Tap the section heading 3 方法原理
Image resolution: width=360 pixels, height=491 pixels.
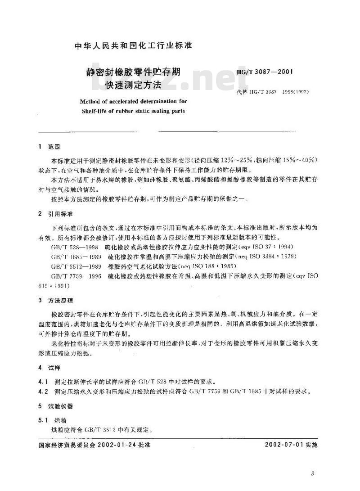click(55, 300)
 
